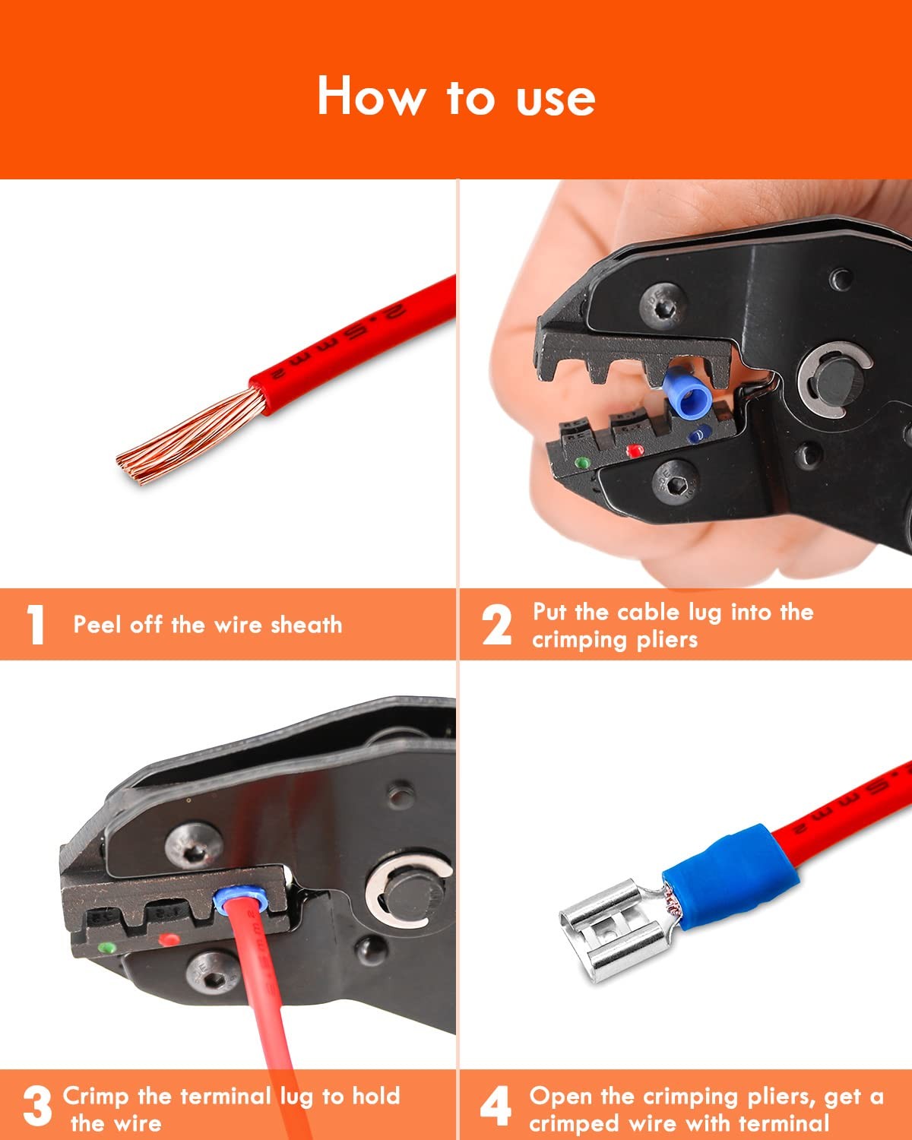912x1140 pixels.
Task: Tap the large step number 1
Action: (36, 625)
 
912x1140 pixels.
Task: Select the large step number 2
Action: (496, 625)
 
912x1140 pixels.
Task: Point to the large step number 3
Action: (38, 1106)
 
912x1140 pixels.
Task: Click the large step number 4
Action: (496, 1106)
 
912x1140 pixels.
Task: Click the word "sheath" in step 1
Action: (306, 625)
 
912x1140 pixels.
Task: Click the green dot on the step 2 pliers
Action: (582, 463)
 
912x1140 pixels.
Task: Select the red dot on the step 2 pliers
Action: (634, 451)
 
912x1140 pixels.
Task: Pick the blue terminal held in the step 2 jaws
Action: (687, 392)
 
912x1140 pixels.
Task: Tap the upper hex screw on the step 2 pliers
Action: (663, 306)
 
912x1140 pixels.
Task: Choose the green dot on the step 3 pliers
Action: (108, 947)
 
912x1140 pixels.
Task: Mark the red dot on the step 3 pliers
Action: (169, 939)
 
